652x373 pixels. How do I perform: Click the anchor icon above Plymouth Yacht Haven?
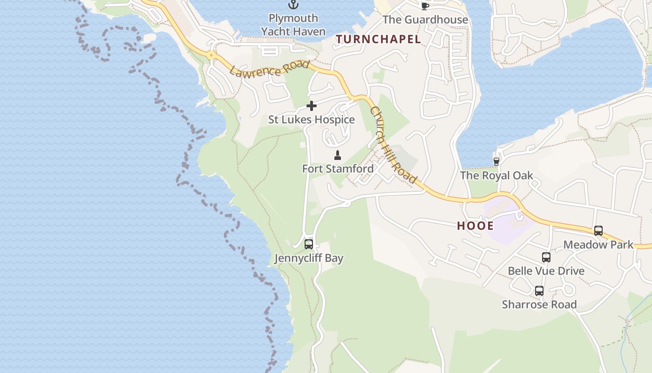click(x=293, y=5)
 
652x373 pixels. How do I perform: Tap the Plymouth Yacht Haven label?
click(x=293, y=25)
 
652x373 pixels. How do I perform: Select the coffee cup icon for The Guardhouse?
click(x=425, y=6)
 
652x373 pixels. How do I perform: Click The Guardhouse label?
click(x=425, y=20)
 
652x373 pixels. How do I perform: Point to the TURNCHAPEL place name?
click(x=378, y=40)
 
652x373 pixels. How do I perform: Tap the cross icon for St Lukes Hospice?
click(x=312, y=106)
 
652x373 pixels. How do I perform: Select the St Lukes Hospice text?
click(x=312, y=120)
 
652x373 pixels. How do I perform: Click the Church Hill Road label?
click(x=393, y=145)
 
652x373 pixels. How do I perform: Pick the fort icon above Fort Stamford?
click(x=338, y=155)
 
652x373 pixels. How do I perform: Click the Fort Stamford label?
click(x=338, y=169)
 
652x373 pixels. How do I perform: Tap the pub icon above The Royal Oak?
click(x=496, y=162)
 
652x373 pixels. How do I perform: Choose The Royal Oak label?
click(x=496, y=176)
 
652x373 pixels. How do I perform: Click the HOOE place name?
click(x=475, y=226)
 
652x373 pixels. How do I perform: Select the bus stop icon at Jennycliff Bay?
click(x=308, y=244)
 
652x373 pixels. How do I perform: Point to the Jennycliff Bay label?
click(x=309, y=258)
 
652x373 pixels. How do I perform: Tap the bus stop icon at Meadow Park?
click(x=598, y=231)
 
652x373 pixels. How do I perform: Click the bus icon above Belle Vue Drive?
click(x=546, y=257)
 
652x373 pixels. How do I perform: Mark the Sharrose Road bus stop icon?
click(x=539, y=291)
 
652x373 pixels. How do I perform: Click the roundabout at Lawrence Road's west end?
click(x=211, y=55)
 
